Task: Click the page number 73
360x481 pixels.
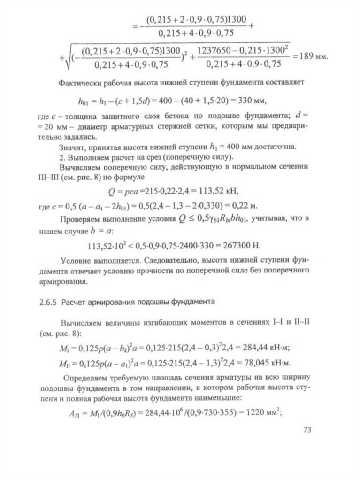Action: [307, 430]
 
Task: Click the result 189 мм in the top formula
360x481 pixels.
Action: [312, 56]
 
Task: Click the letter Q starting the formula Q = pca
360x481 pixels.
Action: [111, 191]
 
